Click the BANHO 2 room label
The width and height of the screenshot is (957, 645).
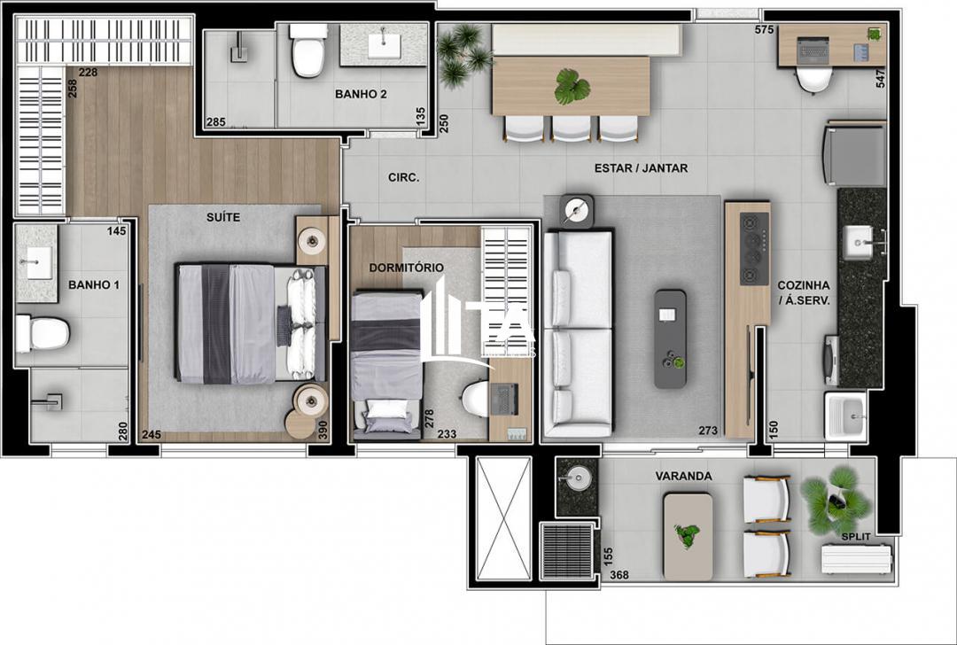(361, 94)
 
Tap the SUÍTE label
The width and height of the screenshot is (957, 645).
(223, 217)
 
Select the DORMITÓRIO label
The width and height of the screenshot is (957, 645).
(408, 268)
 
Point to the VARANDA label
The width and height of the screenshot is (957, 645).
(683, 476)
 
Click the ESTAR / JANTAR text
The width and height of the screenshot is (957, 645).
(642, 168)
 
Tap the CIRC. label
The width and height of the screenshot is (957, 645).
(404, 177)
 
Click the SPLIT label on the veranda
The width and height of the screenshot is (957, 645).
(855, 537)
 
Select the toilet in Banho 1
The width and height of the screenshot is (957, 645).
(43, 333)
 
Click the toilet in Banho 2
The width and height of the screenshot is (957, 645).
(308, 51)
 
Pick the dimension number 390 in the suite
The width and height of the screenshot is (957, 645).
(323, 430)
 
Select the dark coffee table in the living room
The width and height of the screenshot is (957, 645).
(670, 338)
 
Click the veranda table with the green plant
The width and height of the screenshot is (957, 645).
(688, 536)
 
